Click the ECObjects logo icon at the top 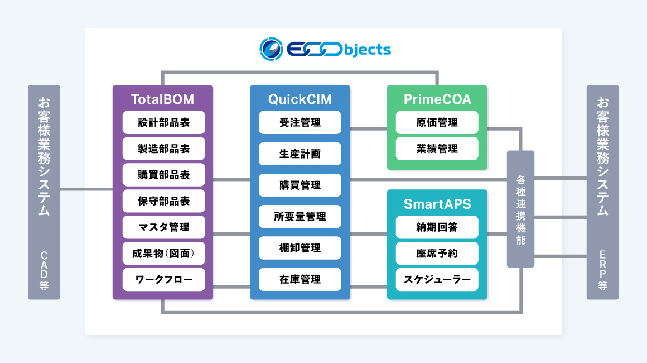(271, 49)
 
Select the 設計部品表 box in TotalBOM (163, 122)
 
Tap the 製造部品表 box (163, 149)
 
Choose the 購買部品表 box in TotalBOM (163, 175)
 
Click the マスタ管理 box (163, 227)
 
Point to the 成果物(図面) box (163, 254)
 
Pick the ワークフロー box (163, 280)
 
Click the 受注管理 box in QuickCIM (300, 122)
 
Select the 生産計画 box (300, 154)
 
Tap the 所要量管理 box (300, 217)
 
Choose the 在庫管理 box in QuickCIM (300, 279)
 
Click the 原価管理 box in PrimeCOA (437, 122)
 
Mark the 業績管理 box (437, 149)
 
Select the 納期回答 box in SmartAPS (437, 227)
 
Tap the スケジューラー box (437, 280)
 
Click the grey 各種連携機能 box (520, 209)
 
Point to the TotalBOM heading (163, 99)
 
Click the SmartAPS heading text (437, 204)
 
